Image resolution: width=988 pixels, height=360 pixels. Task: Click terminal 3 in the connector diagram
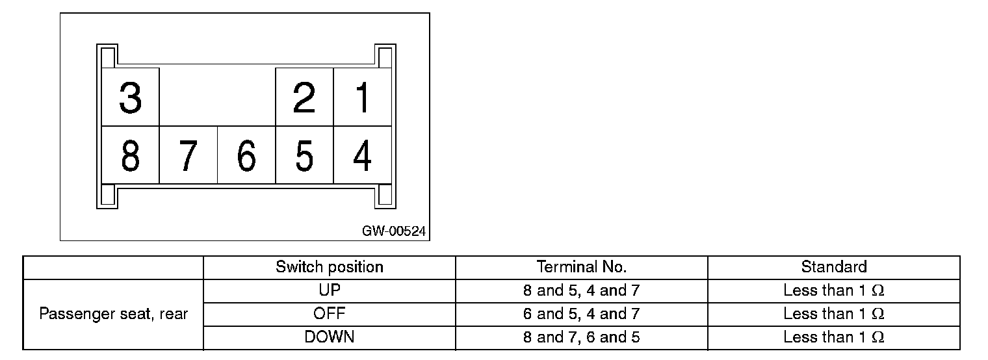click(x=131, y=97)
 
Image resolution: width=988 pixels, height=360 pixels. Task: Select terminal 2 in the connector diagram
click(x=304, y=97)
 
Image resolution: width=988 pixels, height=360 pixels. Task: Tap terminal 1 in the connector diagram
click(x=362, y=97)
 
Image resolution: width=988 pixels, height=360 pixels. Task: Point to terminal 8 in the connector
click(x=131, y=156)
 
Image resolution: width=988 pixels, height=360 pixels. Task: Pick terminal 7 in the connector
click(x=188, y=156)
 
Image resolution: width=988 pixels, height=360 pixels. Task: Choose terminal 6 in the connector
click(x=246, y=156)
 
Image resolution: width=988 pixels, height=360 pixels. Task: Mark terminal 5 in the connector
click(x=304, y=156)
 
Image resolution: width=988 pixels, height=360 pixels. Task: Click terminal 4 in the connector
click(x=362, y=156)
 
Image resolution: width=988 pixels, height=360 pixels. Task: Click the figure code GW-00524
click(x=395, y=231)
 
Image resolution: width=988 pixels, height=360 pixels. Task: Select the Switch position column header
click(x=330, y=267)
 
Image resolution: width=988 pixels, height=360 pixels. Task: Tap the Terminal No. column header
click(x=581, y=267)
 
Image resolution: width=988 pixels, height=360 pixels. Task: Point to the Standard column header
click(x=833, y=267)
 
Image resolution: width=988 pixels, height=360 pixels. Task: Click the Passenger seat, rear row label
click(x=114, y=315)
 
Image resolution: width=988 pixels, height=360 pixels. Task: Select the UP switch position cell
click(x=330, y=290)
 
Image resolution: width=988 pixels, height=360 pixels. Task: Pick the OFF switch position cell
click(x=330, y=314)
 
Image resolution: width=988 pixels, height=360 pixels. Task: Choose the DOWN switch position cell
click(x=330, y=337)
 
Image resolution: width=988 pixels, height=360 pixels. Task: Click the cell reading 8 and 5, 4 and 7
click(x=581, y=290)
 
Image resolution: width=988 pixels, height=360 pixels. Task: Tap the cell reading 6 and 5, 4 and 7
click(x=581, y=314)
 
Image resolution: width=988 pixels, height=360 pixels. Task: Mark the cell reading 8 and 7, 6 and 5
click(x=581, y=337)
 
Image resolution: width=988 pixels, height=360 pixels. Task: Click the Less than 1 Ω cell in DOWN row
click(x=833, y=337)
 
